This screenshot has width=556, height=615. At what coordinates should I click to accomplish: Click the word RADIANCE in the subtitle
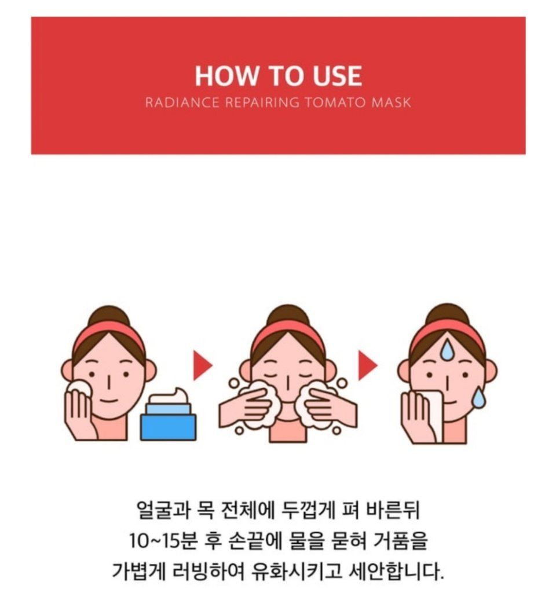pos(182,103)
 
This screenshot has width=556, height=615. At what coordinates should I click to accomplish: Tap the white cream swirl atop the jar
pos(170,396)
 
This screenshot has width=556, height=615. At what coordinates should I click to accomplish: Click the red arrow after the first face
pos(203,365)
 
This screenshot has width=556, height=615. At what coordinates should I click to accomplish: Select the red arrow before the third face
pos(368,365)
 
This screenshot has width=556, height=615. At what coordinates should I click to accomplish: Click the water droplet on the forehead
pos(447,350)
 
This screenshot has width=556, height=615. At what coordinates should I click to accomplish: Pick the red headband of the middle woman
pos(288,332)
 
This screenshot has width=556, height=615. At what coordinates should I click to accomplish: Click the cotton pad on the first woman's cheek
pos(81,389)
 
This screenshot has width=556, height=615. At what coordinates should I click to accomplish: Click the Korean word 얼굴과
pos(161,511)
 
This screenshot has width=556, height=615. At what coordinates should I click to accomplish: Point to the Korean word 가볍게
pos(138,572)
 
